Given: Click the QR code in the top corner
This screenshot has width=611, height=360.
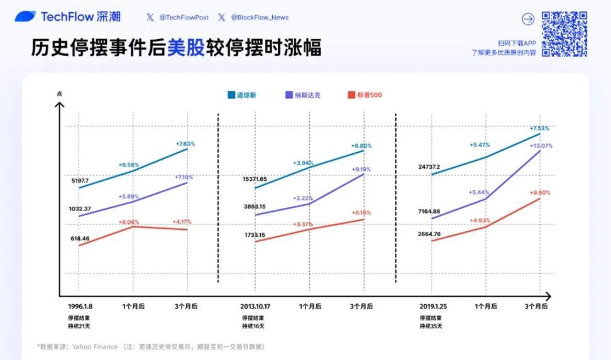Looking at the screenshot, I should click(x=564, y=33).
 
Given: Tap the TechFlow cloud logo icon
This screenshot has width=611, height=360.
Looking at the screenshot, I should click(x=25, y=16).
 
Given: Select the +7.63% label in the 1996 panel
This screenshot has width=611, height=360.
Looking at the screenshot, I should click(x=185, y=144).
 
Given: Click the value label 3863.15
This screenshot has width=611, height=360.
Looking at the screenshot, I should click(x=255, y=207).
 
